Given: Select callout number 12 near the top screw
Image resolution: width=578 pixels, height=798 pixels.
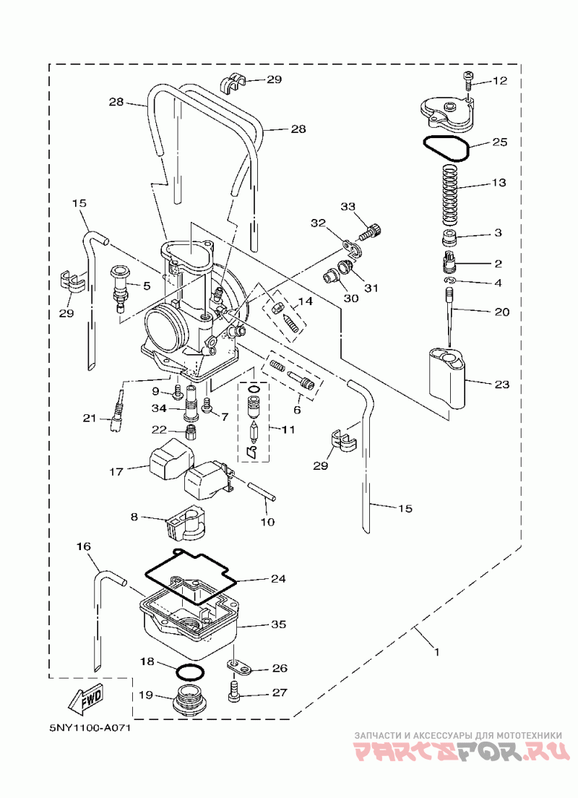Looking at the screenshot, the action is pos(500,80).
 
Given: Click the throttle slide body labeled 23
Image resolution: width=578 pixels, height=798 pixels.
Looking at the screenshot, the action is pos(447,377).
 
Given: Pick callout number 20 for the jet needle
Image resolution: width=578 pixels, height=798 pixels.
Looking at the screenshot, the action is pos(501,312).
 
